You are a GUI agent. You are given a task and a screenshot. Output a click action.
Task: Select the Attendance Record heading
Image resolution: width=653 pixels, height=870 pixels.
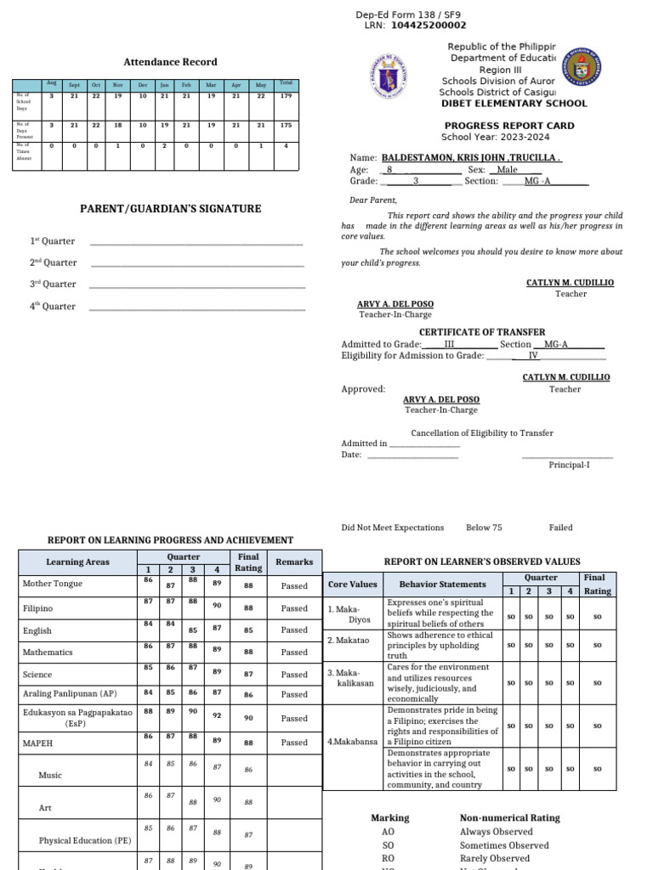[x=170, y=62]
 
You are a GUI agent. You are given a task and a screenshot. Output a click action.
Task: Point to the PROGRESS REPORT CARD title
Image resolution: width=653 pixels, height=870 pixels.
[x=509, y=126]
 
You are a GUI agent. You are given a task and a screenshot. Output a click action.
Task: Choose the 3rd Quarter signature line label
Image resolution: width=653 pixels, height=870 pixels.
[x=54, y=285]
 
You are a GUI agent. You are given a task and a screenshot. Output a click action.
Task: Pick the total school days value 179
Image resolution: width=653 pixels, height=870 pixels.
[x=286, y=96]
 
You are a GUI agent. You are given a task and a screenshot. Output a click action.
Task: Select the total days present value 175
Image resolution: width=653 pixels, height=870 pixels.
[x=286, y=126]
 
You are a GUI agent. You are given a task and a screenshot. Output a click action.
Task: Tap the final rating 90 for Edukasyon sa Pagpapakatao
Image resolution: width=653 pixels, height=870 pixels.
[x=248, y=719]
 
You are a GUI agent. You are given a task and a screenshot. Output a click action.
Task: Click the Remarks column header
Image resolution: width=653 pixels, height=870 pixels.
[x=294, y=562]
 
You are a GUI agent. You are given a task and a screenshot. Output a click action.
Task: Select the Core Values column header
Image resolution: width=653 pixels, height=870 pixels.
[x=352, y=585]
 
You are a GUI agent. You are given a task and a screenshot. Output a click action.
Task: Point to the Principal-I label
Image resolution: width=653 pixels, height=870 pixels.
[x=568, y=465]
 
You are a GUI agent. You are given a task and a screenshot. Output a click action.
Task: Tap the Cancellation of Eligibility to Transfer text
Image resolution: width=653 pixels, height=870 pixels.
[x=482, y=432]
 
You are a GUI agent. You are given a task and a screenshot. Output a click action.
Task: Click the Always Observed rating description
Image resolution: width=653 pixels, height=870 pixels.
[x=497, y=832]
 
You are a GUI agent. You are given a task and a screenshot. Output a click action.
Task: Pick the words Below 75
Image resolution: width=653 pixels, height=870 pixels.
[x=484, y=528]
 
